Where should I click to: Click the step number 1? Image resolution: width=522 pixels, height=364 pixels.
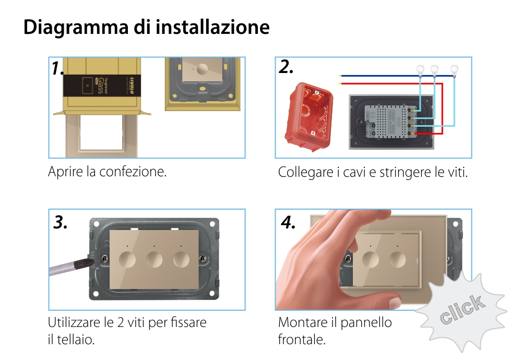(58, 68)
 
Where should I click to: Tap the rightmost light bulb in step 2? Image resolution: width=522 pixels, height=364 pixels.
(454, 70)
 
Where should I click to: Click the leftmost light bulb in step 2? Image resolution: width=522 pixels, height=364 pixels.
(419, 70)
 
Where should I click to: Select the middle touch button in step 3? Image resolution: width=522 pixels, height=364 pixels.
(155, 259)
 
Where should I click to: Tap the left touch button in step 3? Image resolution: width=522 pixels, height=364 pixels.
(127, 259)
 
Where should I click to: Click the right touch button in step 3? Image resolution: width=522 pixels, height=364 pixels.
(182, 259)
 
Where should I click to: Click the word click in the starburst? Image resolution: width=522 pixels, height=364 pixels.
(461, 310)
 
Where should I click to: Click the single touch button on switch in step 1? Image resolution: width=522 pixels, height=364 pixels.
(203, 68)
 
